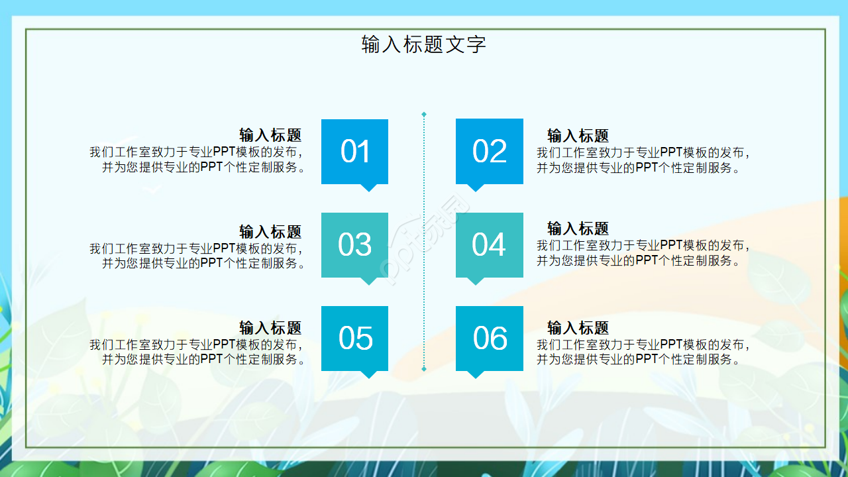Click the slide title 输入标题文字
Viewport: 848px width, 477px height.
424,44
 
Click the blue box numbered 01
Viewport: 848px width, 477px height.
354,151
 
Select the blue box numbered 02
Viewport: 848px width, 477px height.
490,151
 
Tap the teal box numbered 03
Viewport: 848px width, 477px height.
354,244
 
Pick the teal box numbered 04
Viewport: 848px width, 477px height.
490,244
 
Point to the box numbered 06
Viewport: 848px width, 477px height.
490,338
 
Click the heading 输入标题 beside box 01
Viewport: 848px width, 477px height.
270,135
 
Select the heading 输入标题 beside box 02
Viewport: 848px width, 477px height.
578,135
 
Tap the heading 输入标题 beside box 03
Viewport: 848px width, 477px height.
270,232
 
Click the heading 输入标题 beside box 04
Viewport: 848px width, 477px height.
578,229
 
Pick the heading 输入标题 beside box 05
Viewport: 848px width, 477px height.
270,328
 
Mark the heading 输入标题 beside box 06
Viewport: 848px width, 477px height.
578,328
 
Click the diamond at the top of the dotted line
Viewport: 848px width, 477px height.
424,115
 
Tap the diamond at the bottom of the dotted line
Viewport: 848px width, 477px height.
424,368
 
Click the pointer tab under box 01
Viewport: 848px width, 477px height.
368,187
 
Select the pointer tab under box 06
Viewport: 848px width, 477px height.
476,374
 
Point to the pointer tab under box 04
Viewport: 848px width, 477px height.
476,281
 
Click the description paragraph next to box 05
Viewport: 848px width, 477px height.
199,352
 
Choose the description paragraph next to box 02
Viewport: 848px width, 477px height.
643,160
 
